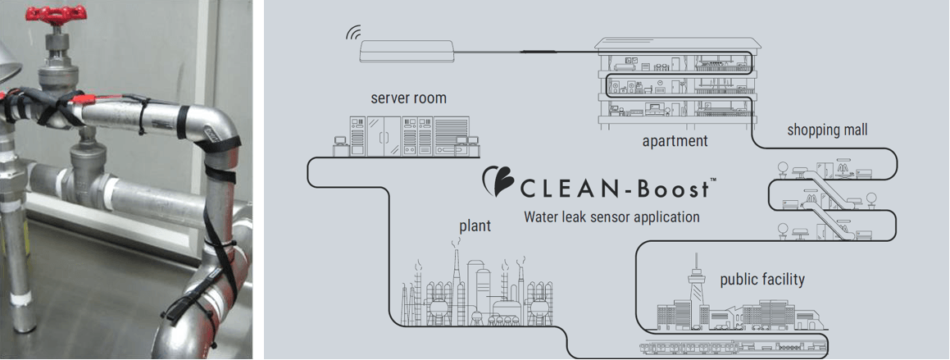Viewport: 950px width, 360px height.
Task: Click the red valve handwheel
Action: [x=57, y=14]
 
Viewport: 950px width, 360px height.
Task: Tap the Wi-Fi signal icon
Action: [x=352, y=34]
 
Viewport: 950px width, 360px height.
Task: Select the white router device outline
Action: [x=407, y=50]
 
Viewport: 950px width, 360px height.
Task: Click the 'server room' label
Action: [x=408, y=98]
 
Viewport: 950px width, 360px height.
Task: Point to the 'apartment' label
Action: [x=675, y=141]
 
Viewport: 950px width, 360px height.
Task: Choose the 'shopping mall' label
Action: [x=827, y=130]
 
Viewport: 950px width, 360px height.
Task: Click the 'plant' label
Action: [x=475, y=226]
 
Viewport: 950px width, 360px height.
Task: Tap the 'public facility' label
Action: [x=762, y=280]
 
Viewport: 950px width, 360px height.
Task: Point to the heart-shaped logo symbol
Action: [x=499, y=182]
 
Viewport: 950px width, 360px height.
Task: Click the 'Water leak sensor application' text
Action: [x=611, y=217]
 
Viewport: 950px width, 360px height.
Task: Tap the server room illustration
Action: [x=407, y=136]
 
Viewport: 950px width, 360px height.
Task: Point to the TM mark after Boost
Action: [x=712, y=179]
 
